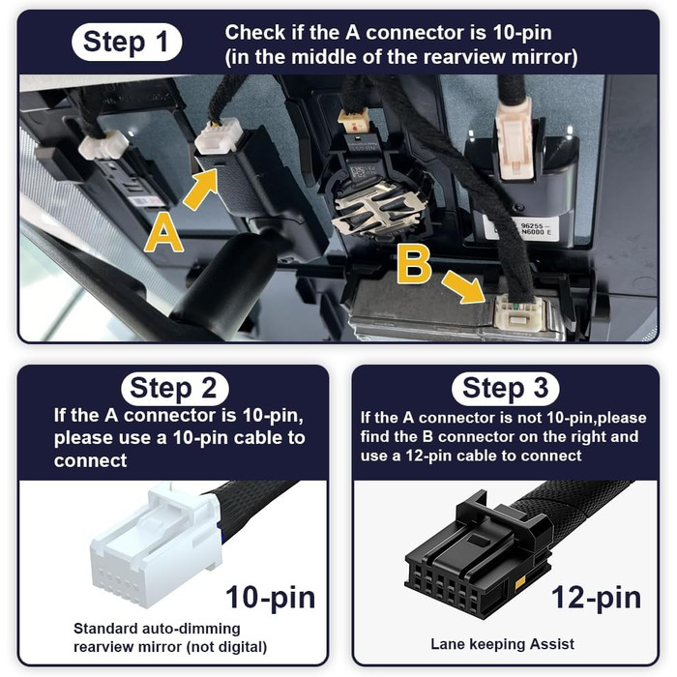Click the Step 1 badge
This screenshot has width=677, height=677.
(x=127, y=42)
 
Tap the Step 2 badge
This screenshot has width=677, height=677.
(x=175, y=388)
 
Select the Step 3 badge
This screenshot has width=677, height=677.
(x=505, y=388)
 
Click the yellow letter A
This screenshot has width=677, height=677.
(x=163, y=234)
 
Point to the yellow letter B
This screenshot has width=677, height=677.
(x=414, y=265)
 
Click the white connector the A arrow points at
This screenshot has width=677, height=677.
(x=217, y=138)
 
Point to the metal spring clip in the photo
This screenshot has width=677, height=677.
(x=375, y=210)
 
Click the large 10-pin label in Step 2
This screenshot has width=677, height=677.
(x=270, y=598)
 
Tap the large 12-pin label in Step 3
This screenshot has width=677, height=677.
(x=597, y=598)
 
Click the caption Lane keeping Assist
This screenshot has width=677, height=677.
(x=502, y=644)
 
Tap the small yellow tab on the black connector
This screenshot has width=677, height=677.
(x=520, y=581)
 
